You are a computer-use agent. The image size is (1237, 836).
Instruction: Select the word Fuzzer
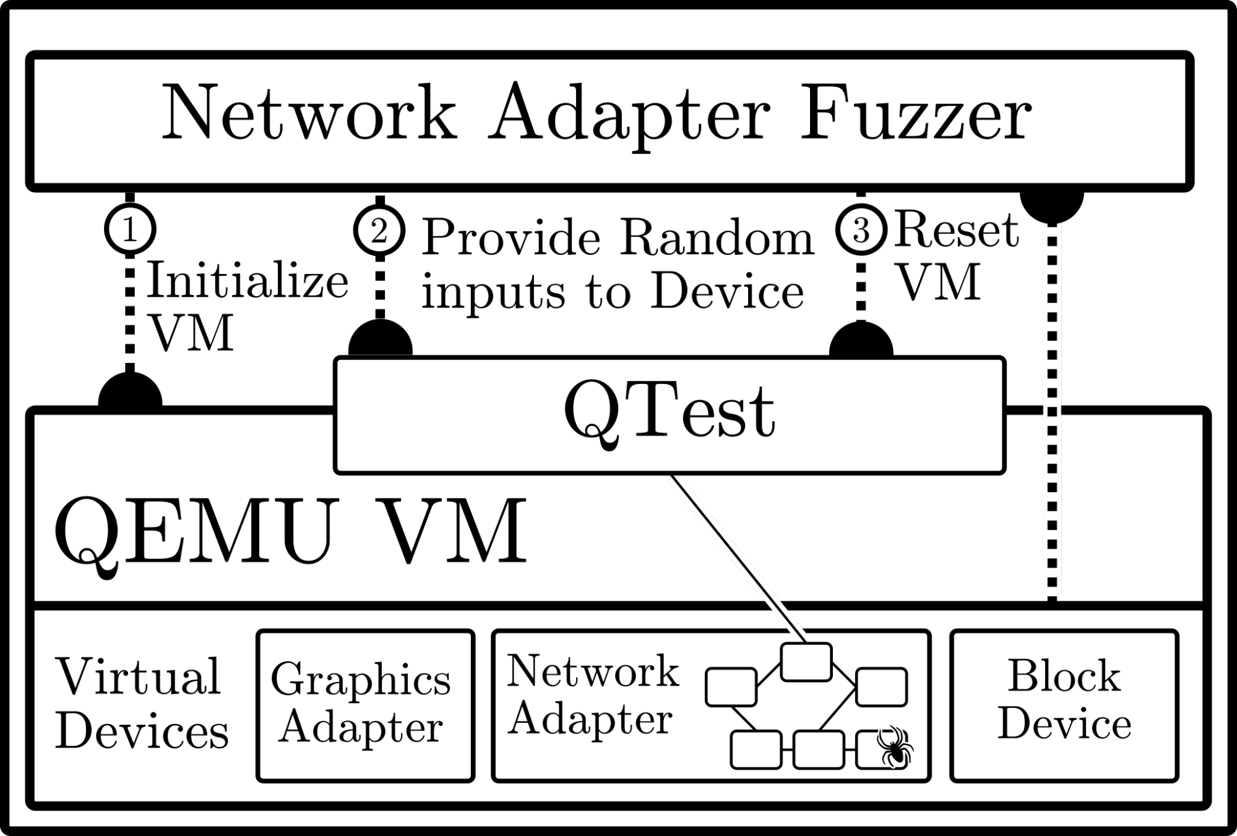point(915,113)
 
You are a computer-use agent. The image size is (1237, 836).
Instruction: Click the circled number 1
point(130,229)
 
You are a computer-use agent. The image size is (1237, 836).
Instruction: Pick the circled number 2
point(379,231)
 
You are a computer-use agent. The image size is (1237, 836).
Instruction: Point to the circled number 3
point(861,230)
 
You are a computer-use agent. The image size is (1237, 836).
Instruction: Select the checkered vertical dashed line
point(1051,408)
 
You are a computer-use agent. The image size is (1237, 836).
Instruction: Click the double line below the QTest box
point(736,557)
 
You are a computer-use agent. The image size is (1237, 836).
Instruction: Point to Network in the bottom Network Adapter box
point(593,672)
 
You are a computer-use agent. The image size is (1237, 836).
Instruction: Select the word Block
point(1064,676)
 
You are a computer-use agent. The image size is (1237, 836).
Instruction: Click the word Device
point(1064,724)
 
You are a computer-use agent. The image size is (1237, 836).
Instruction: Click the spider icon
point(894,746)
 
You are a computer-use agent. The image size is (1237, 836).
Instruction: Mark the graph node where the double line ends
point(806,662)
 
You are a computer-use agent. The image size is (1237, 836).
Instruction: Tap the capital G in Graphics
point(288,679)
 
